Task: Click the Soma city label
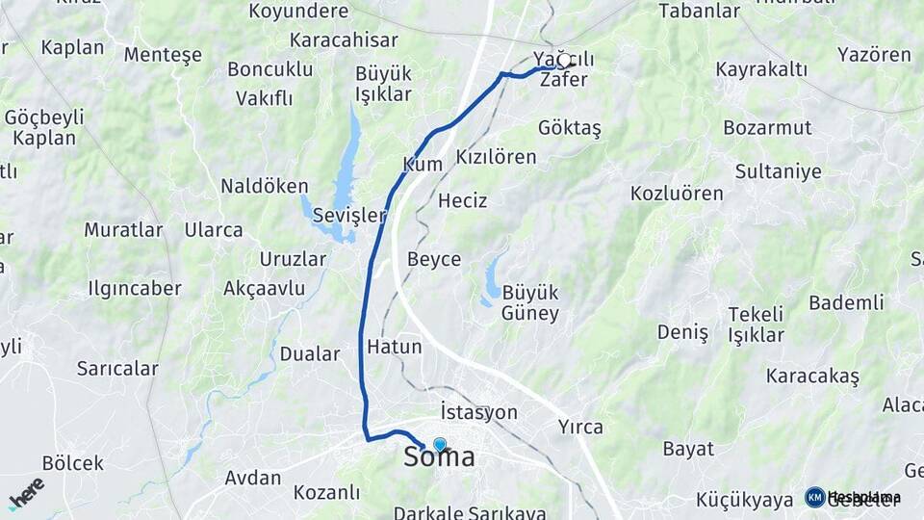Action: point(439,457)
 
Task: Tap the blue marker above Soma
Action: point(440,444)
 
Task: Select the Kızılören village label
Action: point(496,156)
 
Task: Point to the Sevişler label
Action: point(348,216)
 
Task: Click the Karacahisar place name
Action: point(343,40)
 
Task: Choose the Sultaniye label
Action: point(778,171)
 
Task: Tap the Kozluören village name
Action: point(677,193)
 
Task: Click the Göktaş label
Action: point(570,128)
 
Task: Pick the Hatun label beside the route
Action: point(395,346)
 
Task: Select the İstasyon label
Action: point(478,412)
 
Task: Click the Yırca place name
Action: point(580,426)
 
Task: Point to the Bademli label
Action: point(846,302)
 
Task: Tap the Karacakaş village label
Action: point(812,376)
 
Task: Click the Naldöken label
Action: point(265,186)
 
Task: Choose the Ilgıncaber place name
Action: point(135,288)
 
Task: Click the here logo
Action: point(27,492)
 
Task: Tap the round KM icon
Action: point(814,497)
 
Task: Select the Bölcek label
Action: point(73,463)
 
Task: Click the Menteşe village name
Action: point(163,54)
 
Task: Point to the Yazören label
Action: point(874,54)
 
